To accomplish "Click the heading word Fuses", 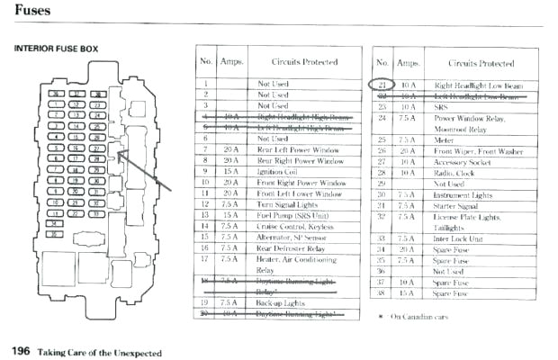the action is (x=33, y=12).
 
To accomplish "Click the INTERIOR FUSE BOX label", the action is (x=55, y=48).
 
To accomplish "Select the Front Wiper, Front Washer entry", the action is (x=478, y=150).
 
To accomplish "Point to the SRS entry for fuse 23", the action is (x=442, y=106).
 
